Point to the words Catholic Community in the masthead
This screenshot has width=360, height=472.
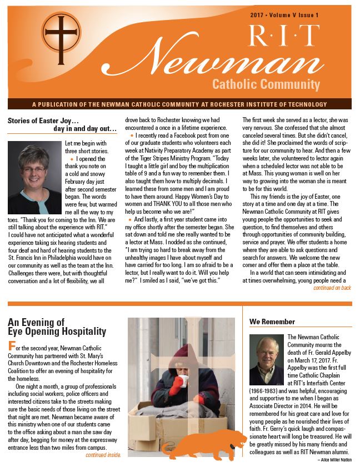click(x=266, y=85)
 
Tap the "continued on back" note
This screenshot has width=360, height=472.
click(x=332, y=288)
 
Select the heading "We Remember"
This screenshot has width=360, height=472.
click(x=272, y=322)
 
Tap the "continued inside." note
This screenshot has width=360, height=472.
click(x=103, y=455)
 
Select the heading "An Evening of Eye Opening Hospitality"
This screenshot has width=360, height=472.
click(x=57, y=327)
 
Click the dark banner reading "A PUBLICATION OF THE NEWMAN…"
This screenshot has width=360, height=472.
click(x=180, y=104)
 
